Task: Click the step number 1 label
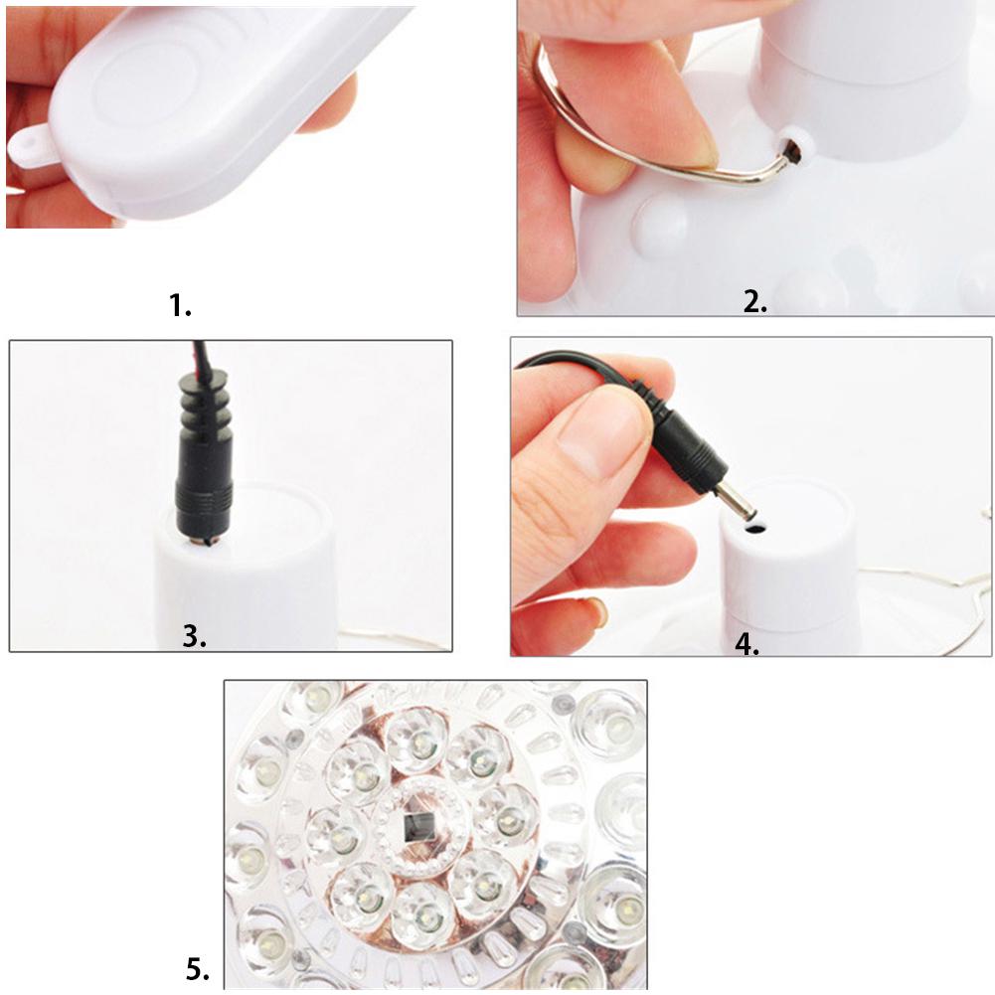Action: [x=180, y=306]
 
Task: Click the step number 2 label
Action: [x=755, y=302]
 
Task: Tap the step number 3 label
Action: [x=195, y=636]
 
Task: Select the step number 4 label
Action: [x=747, y=643]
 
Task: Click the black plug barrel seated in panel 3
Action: [x=205, y=497]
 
